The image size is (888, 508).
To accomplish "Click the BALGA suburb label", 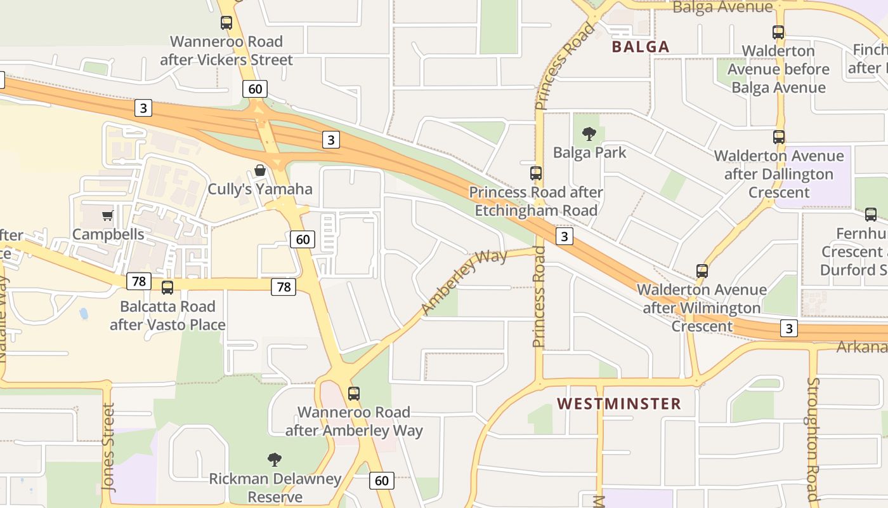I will coord(641,46).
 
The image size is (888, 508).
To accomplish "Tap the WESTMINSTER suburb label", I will coord(619,404).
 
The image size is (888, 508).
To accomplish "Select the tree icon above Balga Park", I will coord(589,134).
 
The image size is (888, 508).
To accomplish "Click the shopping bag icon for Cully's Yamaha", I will coord(260,170).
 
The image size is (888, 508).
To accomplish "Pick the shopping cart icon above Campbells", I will coord(107,215).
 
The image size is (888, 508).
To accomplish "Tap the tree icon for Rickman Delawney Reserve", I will coord(275,459).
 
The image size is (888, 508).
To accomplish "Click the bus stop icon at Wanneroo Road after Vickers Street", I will coord(226,23).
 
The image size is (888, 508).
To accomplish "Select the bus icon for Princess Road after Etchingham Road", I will coord(536,173).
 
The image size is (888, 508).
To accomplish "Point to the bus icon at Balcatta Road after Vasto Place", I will coord(167,288).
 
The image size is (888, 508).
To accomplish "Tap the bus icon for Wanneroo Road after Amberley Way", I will coord(354,393).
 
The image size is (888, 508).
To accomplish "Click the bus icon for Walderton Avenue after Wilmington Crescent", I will coord(702,271).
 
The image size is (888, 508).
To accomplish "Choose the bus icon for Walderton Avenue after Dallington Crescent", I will coord(779,137).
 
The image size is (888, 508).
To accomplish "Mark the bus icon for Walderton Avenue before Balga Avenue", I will coord(778,32).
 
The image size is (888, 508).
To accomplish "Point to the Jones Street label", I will coord(109,447).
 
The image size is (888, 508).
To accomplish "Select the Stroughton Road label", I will coord(813,439).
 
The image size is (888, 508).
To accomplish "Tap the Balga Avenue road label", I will coord(722,7).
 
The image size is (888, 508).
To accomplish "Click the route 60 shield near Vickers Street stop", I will coord(255,89).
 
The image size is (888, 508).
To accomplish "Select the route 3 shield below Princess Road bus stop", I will coord(564,237).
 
